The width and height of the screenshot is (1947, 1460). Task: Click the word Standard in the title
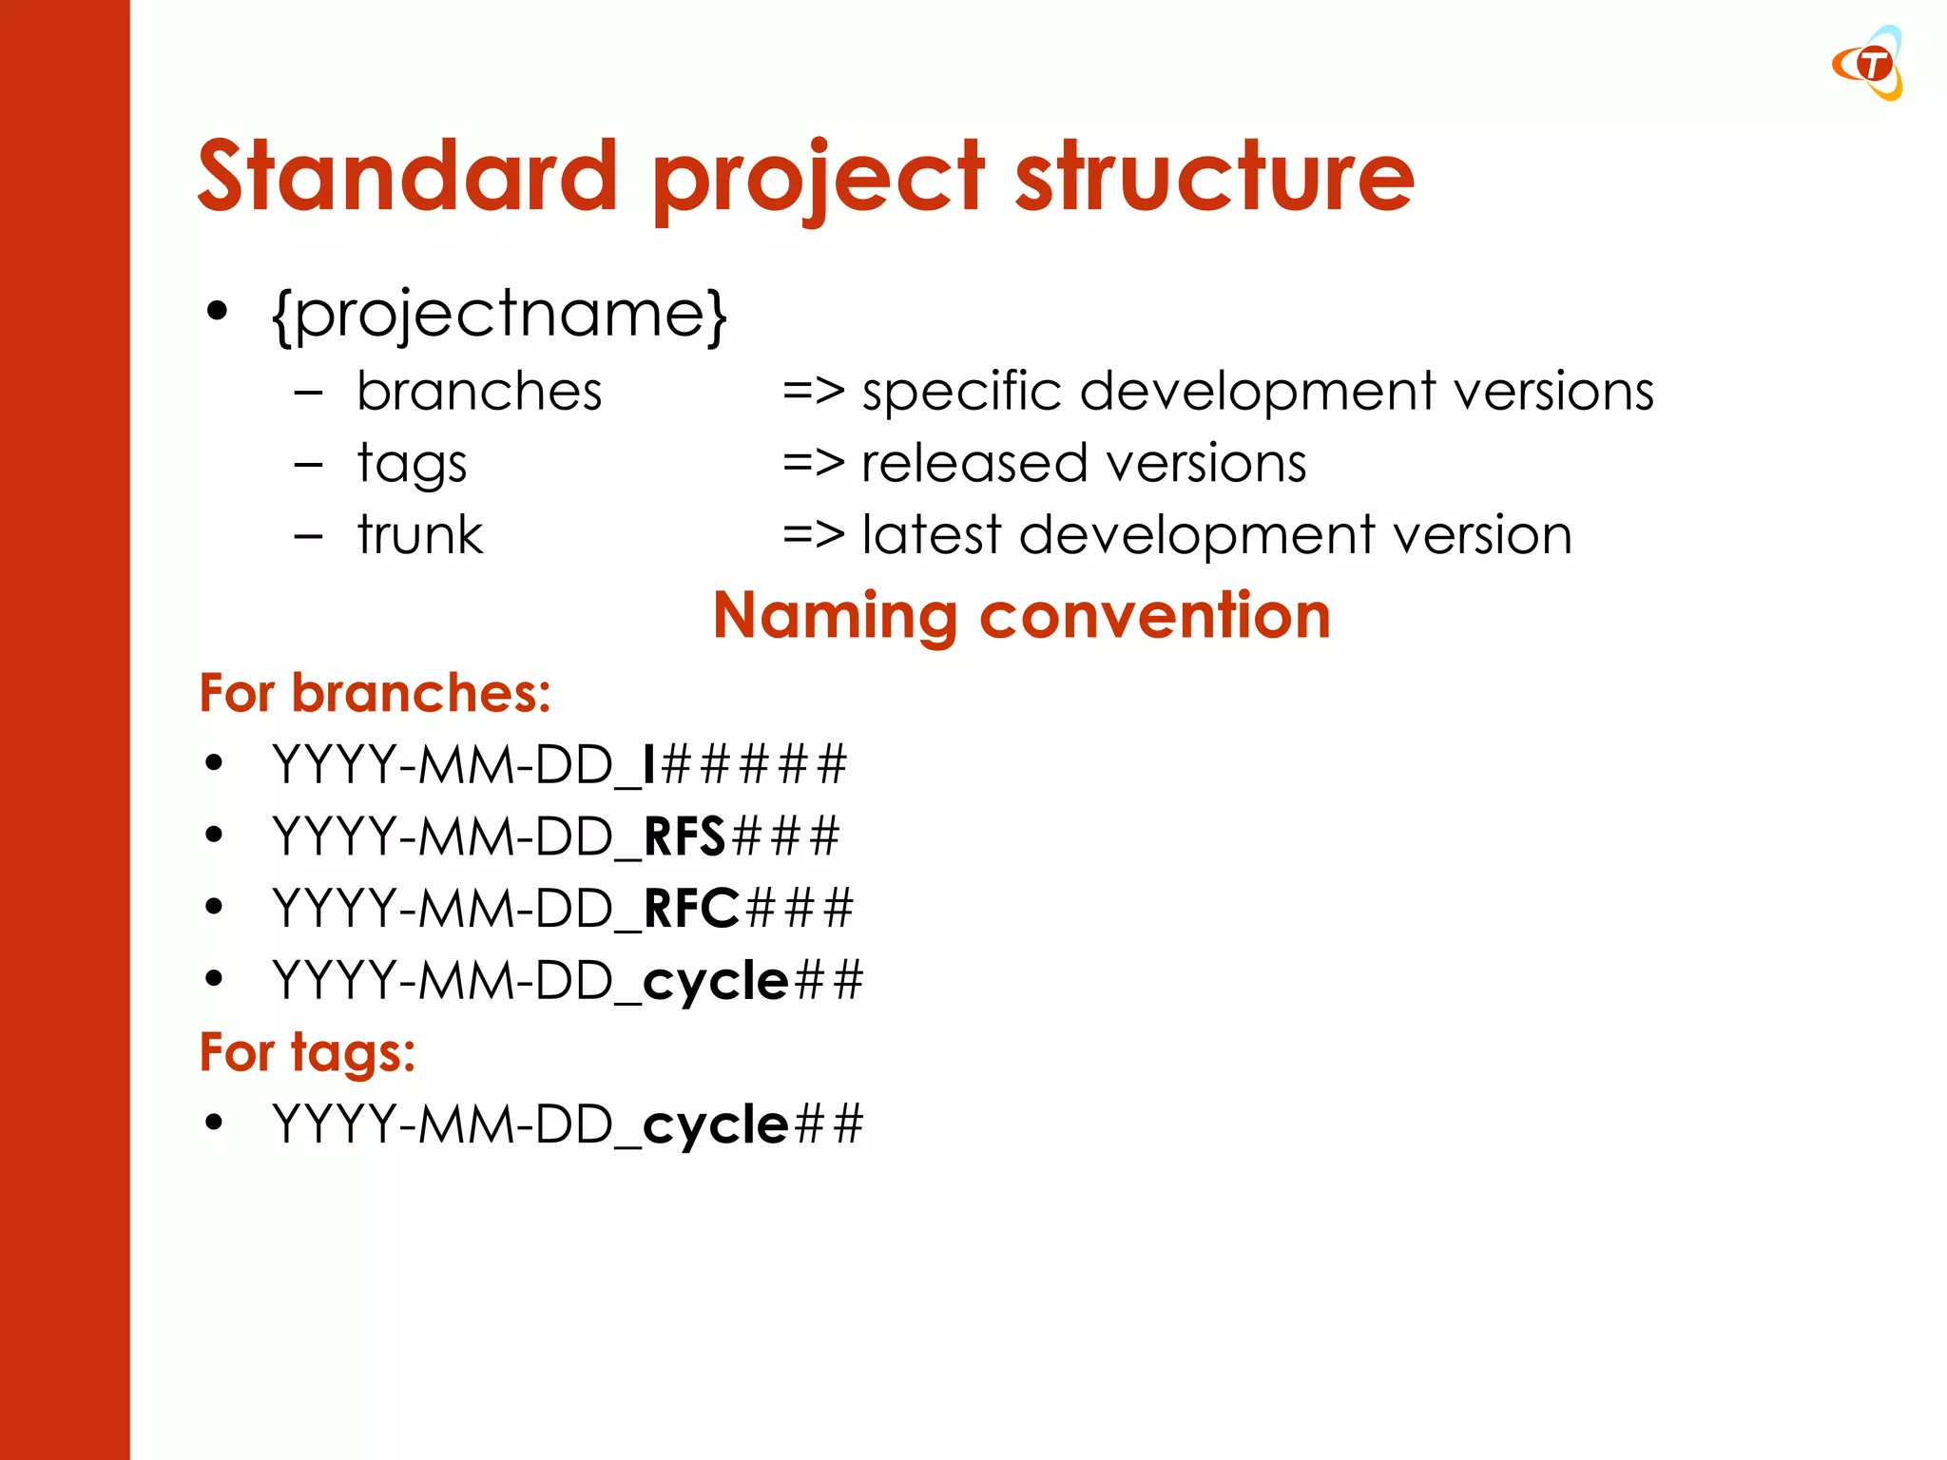[408, 176]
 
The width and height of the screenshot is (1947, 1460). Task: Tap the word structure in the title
[1214, 176]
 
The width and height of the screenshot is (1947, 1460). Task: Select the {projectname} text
[499, 315]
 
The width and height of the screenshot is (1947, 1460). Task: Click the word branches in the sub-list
[479, 392]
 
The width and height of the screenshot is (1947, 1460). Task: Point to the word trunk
[420, 535]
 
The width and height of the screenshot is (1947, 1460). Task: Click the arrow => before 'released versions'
[813, 464]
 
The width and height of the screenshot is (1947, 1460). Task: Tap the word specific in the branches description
[960, 392]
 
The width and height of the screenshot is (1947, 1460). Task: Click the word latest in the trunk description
[931, 535]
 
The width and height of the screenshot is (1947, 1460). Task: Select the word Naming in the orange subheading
[835, 617]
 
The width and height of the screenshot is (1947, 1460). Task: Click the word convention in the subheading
[1154, 617]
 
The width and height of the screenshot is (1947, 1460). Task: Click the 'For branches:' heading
[375, 693]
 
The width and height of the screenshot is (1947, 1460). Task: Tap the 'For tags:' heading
[307, 1053]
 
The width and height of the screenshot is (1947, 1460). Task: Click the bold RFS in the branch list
[684, 837]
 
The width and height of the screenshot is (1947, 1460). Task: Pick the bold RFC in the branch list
[691, 909]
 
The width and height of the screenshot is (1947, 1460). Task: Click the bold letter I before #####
[649, 765]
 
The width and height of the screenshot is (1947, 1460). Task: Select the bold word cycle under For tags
[716, 1125]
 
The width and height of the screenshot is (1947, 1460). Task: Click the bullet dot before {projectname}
[218, 311]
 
